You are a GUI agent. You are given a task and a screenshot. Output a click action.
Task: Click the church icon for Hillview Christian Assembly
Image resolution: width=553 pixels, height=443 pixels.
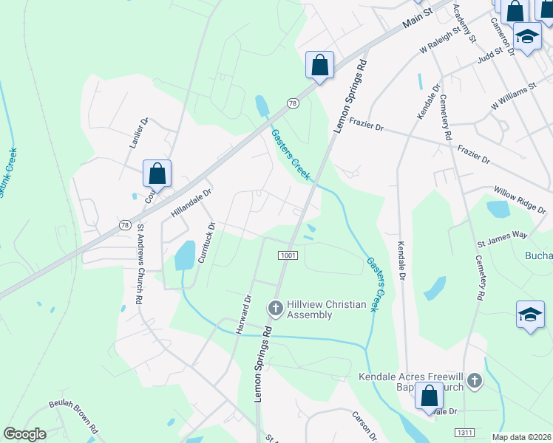click(x=275, y=307)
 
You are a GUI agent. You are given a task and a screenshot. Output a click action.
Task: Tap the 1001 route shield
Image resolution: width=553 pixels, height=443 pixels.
click(x=288, y=255)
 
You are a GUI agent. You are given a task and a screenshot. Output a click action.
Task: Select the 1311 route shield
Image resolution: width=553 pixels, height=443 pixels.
click(x=466, y=433)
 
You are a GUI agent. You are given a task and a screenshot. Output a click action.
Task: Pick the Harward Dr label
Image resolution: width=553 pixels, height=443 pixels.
click(x=243, y=315)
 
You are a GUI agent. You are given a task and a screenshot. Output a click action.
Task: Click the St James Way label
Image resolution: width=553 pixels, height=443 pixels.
click(x=501, y=238)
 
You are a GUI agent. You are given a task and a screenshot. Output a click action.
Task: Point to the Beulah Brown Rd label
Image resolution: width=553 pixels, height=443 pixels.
click(x=74, y=416)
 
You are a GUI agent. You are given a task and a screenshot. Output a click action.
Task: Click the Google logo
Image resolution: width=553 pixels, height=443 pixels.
click(x=24, y=434)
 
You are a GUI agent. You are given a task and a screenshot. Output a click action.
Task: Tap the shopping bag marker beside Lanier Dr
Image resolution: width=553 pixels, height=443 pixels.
click(x=157, y=174)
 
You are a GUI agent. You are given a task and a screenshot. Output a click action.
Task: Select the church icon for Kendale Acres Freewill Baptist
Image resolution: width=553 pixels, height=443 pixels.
click(x=474, y=381)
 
